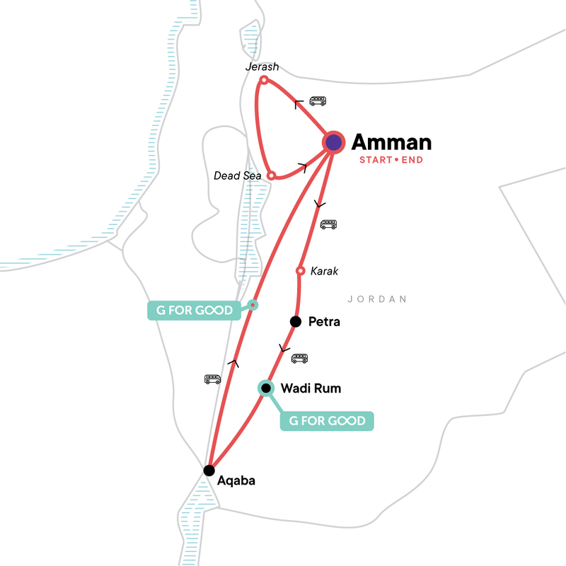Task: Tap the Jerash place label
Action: pos(262,67)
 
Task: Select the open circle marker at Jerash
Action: pos(263,81)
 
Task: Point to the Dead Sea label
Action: pos(238,175)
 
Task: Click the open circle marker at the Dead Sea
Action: pos(271,175)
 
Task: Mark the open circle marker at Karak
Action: pos(300,271)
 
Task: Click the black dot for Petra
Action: pos(296,322)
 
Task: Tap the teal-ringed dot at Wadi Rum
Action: pos(265,388)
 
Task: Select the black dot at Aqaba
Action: pos(209,470)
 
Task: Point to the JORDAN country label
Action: pos(379,299)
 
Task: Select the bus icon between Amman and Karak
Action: pos(328,225)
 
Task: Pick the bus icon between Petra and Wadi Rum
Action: pos(300,358)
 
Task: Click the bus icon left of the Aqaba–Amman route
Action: pos(212,379)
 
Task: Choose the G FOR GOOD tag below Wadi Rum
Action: pos(327,421)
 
